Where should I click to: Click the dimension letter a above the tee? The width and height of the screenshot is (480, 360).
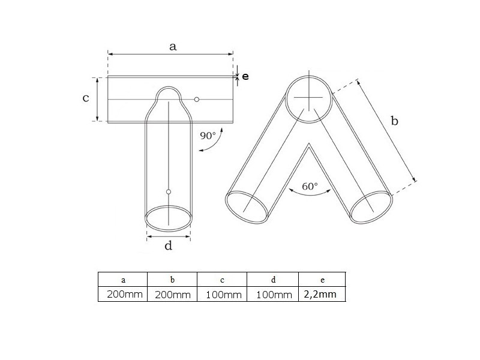click(x=173, y=47)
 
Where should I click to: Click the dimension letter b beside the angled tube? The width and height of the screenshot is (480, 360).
click(x=395, y=121)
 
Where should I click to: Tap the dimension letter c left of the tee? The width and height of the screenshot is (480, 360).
click(x=86, y=98)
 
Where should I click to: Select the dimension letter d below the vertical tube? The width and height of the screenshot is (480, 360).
click(x=169, y=245)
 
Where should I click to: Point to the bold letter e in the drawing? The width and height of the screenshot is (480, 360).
click(x=245, y=77)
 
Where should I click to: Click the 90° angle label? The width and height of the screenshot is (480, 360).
click(x=208, y=136)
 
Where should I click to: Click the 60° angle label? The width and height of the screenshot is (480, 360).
click(x=310, y=186)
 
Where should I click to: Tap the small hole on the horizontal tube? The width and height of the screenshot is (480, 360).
click(x=197, y=100)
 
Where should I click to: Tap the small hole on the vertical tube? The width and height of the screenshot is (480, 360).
click(x=169, y=192)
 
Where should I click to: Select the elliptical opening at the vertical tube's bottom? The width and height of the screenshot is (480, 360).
click(x=169, y=206)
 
